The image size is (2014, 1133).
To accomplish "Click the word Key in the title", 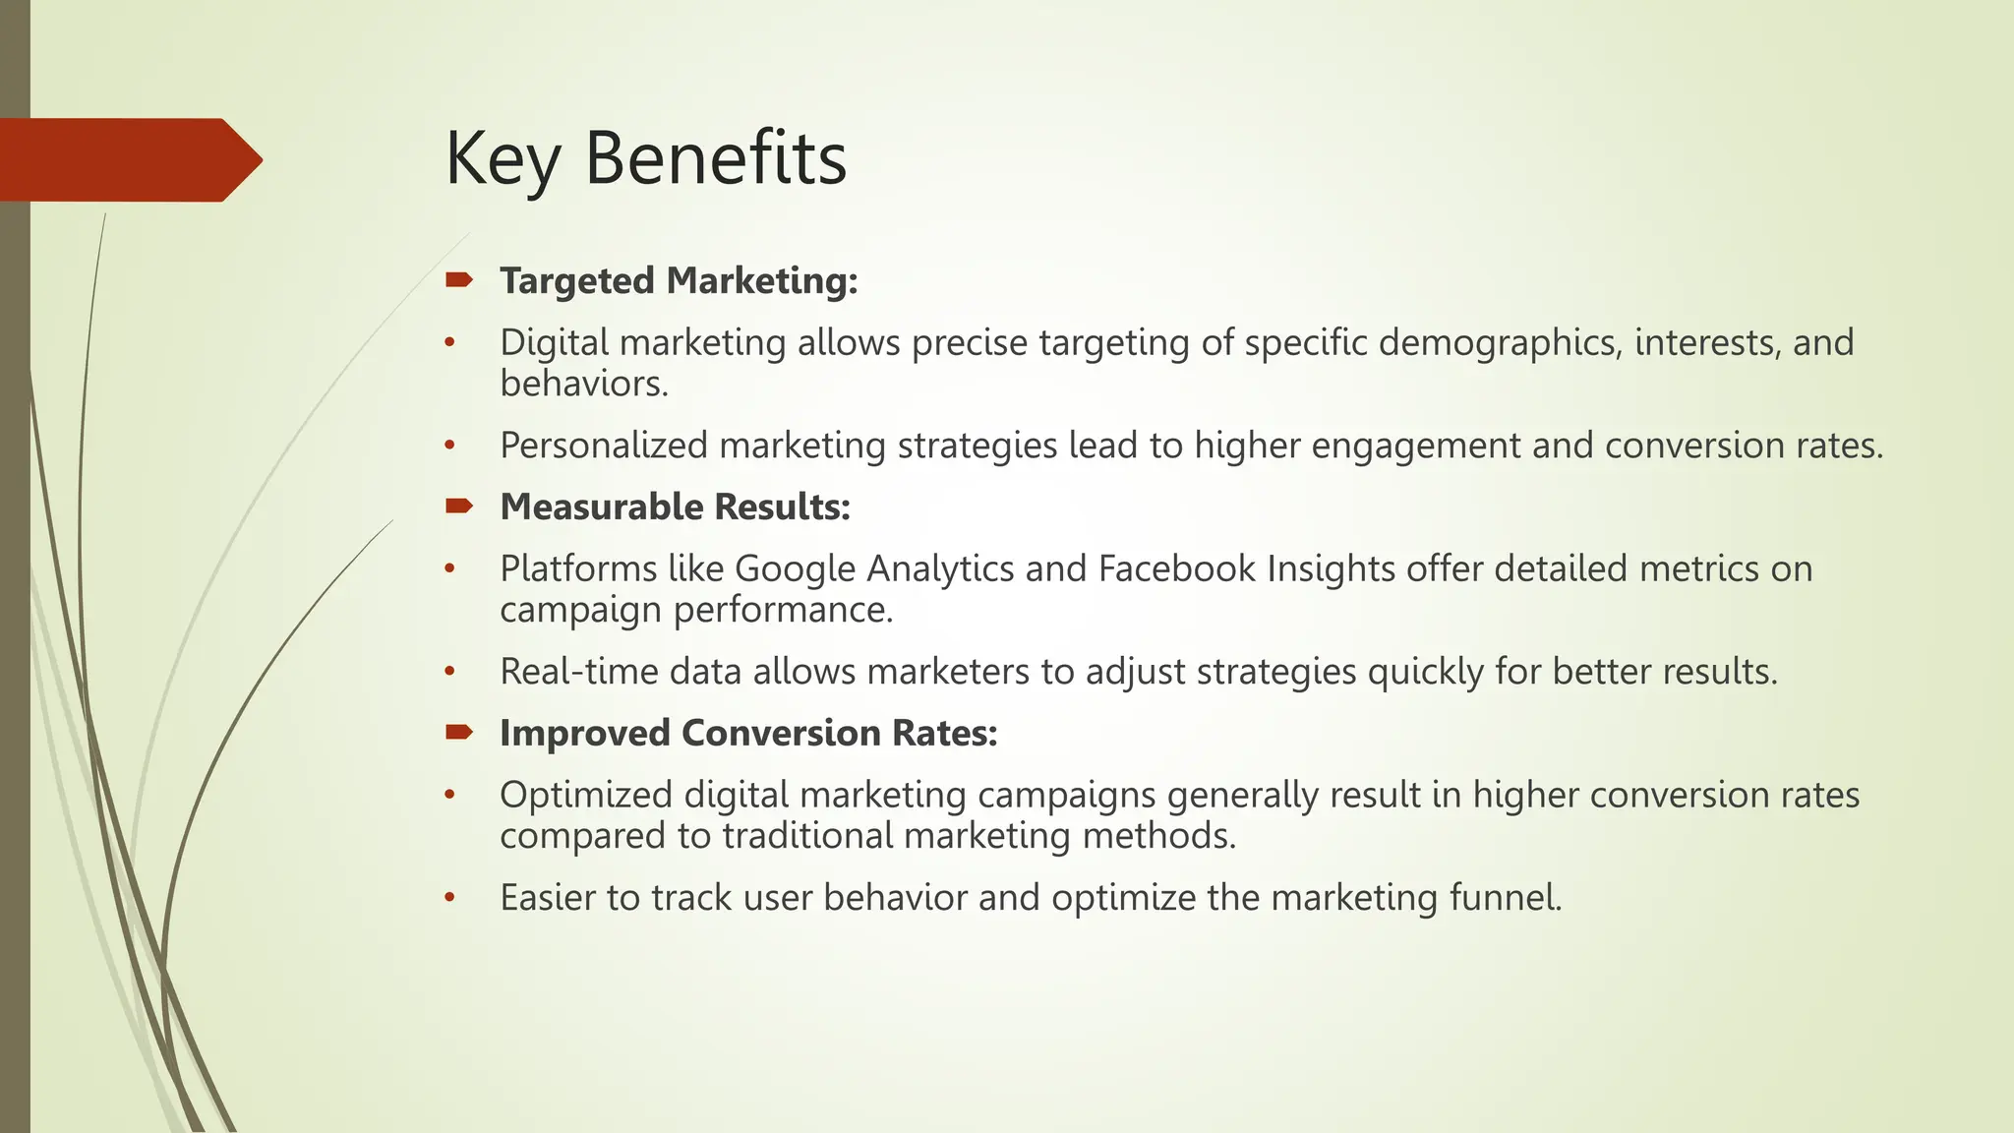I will pos(503,159).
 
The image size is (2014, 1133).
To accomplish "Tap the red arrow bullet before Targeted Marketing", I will pos(458,281).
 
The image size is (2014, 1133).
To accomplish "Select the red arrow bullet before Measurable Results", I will pos(458,507).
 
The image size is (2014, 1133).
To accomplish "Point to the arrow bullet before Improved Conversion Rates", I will pos(458,733).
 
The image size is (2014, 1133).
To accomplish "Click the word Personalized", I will pos(604,446).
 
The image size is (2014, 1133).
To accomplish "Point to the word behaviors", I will pos(583,384).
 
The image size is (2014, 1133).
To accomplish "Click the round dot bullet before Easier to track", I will pos(450,898).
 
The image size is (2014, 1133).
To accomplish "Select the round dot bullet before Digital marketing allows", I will pos(450,343).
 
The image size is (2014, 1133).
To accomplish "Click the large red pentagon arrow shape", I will pos(128,159).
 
